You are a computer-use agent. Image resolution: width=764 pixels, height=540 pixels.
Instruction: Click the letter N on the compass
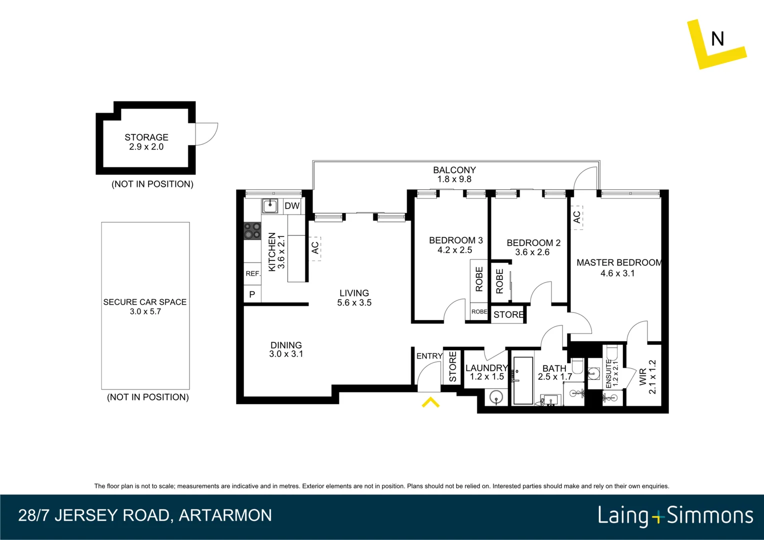tap(717, 39)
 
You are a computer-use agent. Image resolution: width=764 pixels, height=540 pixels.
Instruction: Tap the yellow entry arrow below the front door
tap(430, 402)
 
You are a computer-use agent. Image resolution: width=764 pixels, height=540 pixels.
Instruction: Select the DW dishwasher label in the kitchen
tap(292, 206)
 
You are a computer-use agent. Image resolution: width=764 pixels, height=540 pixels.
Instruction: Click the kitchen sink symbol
tap(270, 205)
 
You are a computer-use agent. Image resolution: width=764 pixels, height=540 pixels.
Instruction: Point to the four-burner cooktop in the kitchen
tap(252, 231)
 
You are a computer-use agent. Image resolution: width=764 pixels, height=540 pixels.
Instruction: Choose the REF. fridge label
tap(252, 273)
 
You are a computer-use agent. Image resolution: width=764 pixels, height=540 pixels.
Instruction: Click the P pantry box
tap(252, 294)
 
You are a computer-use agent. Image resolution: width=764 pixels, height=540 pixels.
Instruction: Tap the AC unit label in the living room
tap(315, 248)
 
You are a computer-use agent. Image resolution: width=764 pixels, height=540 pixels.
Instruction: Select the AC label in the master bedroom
tap(577, 217)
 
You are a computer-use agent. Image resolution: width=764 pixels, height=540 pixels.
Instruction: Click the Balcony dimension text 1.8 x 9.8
tap(454, 179)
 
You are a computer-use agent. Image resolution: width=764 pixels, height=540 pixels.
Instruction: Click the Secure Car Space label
tap(145, 302)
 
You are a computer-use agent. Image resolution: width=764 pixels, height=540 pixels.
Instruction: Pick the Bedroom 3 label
tap(455, 240)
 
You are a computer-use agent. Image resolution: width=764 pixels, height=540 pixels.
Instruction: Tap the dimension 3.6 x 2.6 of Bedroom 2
tap(532, 252)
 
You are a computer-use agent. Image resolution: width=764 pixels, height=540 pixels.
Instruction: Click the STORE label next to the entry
tap(452, 366)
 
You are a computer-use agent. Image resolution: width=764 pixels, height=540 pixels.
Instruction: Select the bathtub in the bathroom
tap(523, 380)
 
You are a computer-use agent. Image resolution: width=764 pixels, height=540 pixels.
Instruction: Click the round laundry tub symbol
tap(496, 397)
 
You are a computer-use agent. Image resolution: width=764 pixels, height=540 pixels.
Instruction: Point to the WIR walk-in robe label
tap(642, 377)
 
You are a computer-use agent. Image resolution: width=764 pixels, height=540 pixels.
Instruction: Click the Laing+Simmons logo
tap(675, 515)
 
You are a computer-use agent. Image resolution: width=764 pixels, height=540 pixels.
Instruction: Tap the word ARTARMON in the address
tap(225, 515)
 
